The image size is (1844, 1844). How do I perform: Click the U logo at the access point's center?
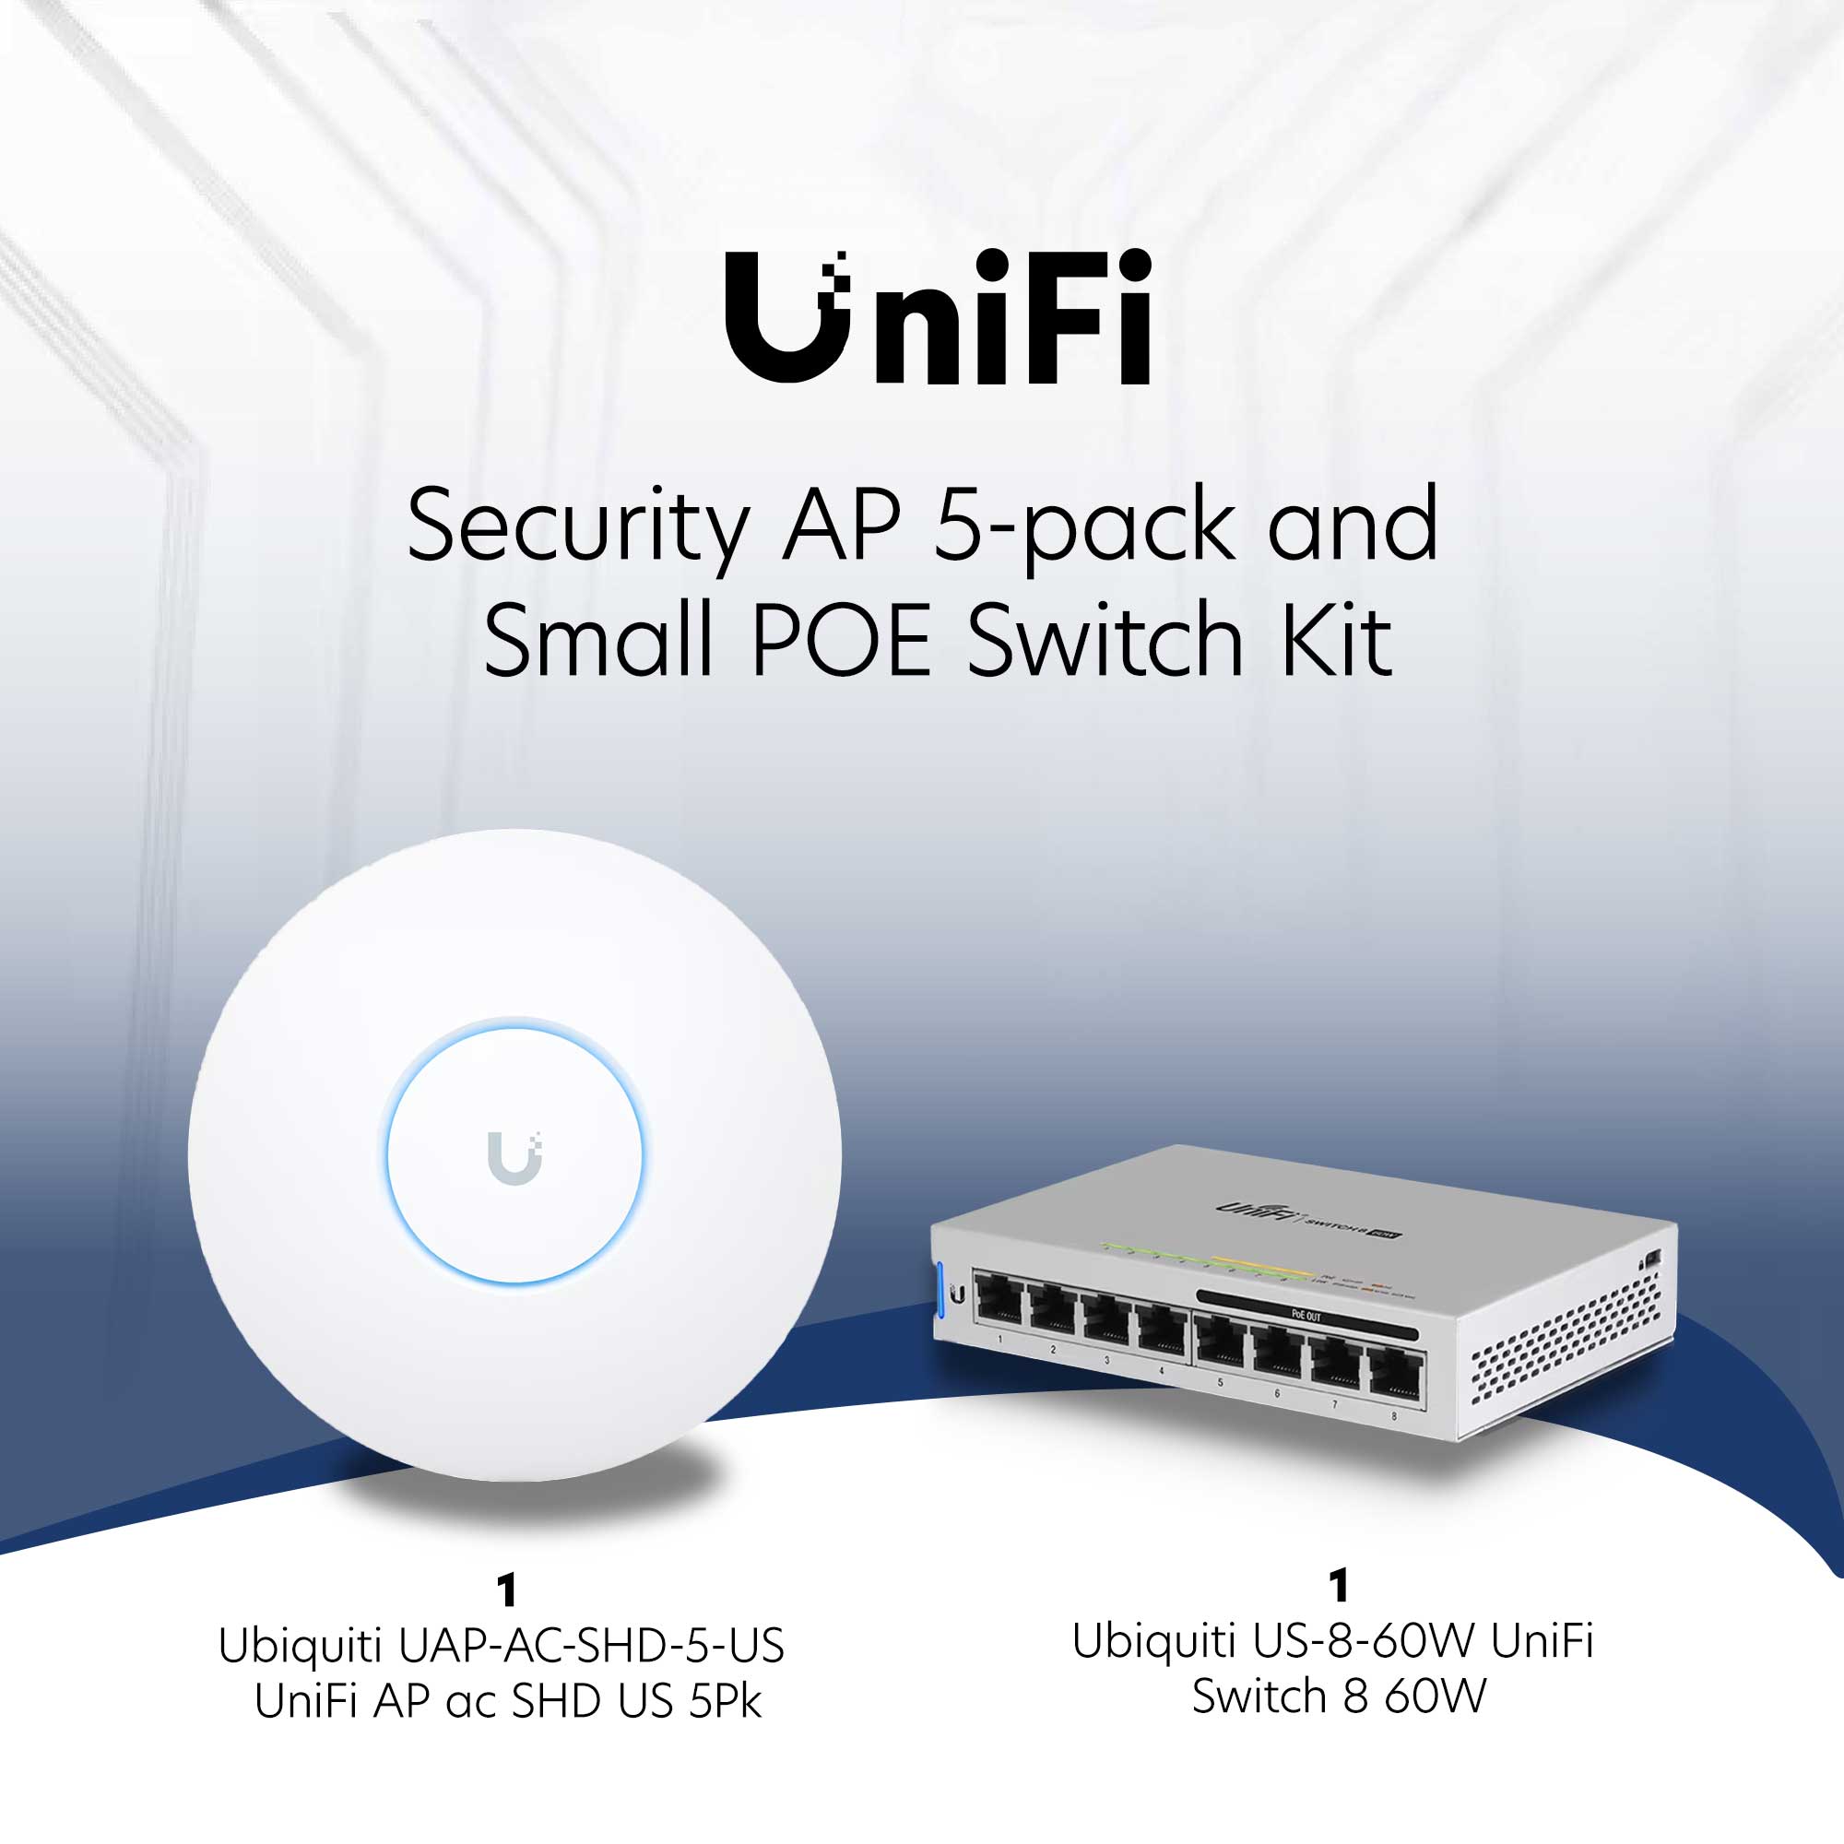click(x=514, y=1158)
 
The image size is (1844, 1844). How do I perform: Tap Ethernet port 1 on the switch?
click(x=999, y=1305)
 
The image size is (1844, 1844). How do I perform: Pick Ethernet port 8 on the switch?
click(x=1395, y=1376)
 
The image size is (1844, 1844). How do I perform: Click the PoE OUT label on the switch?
click(x=1306, y=1317)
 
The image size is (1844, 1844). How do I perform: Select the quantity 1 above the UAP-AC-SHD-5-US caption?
click(x=507, y=1591)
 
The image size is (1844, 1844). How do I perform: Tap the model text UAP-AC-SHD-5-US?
click(x=591, y=1647)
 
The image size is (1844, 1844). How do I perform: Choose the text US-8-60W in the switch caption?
click(x=1365, y=1642)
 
